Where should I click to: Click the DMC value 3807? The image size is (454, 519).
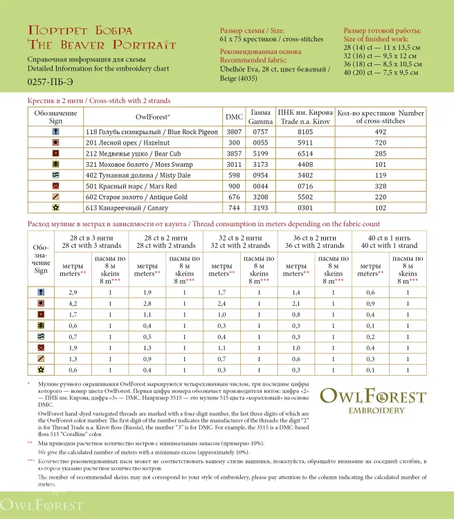tap(234, 131)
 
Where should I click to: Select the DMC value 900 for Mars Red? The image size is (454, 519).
tap(234, 185)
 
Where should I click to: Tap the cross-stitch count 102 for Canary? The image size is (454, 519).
tap(380, 208)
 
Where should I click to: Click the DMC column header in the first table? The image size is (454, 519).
tap(234, 117)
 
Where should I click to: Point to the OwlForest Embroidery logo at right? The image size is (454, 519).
tap(372, 401)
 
